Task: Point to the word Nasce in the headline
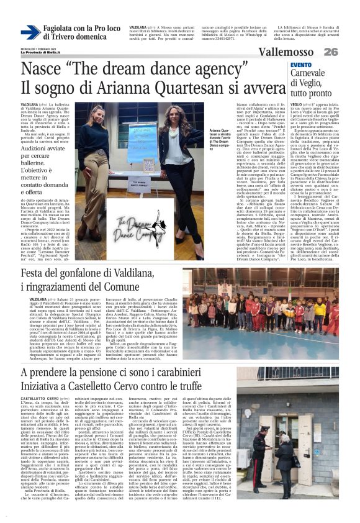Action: (42, 68)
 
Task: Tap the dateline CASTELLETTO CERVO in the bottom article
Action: (42, 380)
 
